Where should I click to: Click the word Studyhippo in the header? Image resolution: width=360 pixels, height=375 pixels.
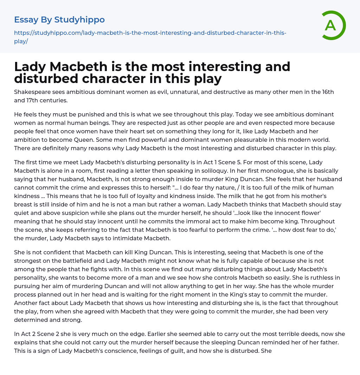(79, 20)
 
